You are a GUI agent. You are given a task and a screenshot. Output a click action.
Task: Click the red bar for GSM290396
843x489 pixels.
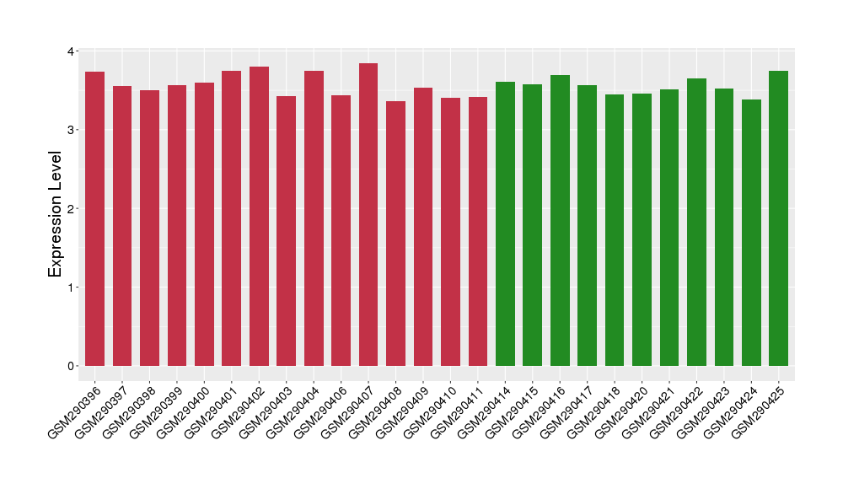tap(94, 219)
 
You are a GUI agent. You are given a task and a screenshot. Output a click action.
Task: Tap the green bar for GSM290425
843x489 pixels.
tap(779, 218)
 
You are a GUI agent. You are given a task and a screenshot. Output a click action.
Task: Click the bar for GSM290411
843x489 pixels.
tap(478, 232)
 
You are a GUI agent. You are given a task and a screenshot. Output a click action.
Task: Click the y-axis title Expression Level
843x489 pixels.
tap(56, 214)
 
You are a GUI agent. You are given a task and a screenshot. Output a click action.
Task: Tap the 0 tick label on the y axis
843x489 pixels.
tap(70, 366)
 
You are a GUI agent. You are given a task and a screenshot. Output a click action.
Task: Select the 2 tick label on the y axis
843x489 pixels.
tap(70, 209)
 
